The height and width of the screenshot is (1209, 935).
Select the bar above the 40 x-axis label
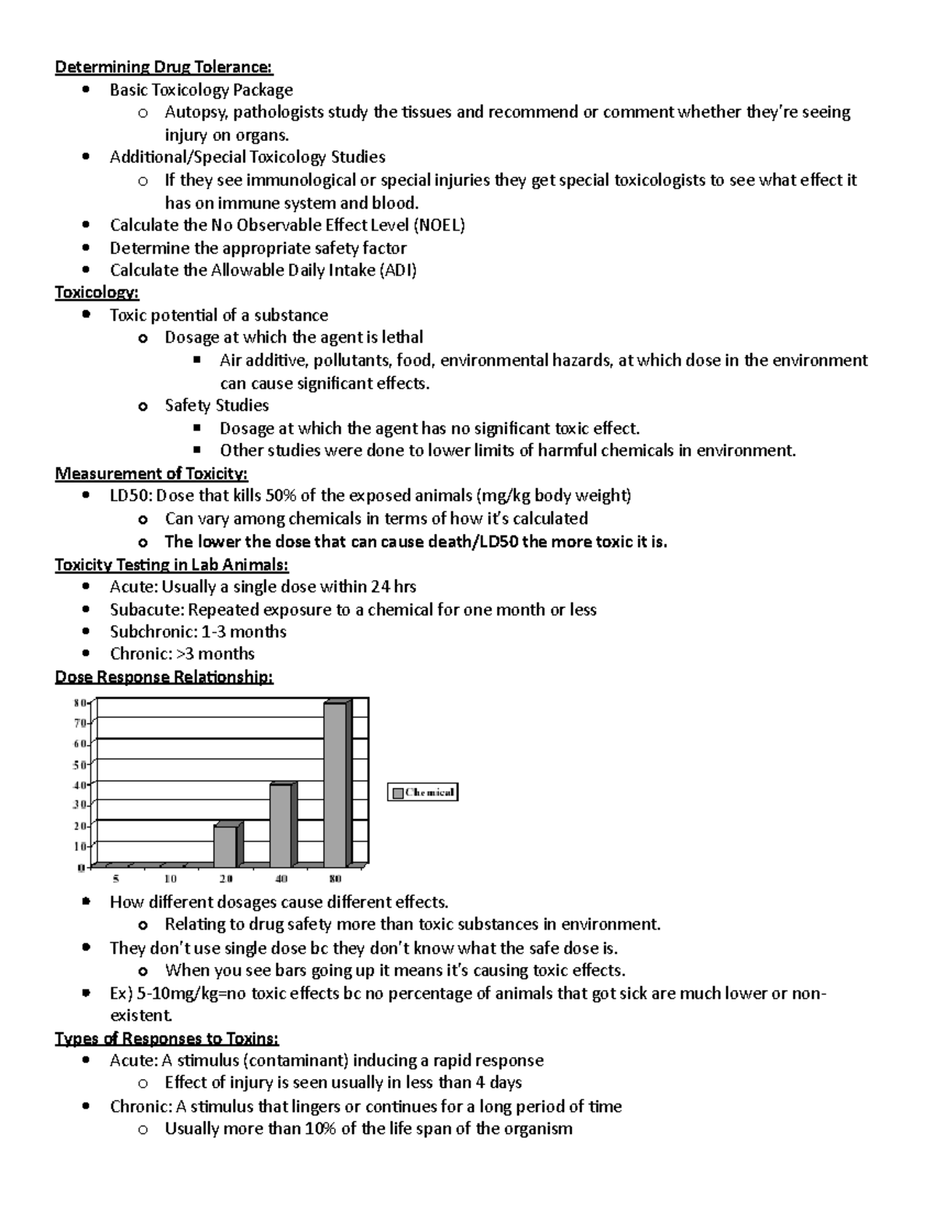(x=280, y=825)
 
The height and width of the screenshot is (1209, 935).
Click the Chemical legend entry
(x=423, y=793)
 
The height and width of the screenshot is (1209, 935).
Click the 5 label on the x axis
(x=115, y=879)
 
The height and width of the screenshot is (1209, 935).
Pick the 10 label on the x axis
(x=170, y=879)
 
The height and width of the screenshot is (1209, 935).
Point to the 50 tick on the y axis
(x=79, y=764)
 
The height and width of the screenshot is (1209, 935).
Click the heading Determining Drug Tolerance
(x=164, y=67)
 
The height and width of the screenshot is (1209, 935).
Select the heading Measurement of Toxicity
(x=151, y=473)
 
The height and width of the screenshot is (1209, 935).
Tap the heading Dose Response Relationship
(x=164, y=677)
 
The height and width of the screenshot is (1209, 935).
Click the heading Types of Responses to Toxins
(x=167, y=1039)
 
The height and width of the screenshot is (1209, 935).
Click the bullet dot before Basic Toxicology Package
(x=86, y=90)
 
